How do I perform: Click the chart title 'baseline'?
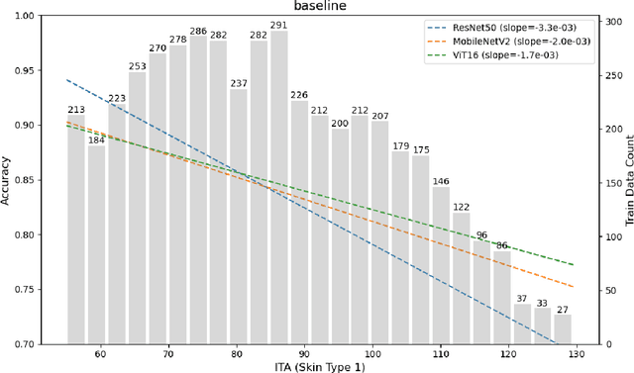tap(318, 7)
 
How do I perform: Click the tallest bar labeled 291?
tap(279, 188)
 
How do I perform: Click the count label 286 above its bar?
tap(198, 32)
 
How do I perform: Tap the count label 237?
tap(239, 83)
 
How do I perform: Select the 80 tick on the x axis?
tap(236, 353)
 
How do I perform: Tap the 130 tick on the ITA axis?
tap(576, 353)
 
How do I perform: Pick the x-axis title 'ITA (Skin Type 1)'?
tap(318, 366)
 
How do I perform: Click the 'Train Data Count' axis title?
tap(628, 180)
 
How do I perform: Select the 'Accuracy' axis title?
tap(8, 180)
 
